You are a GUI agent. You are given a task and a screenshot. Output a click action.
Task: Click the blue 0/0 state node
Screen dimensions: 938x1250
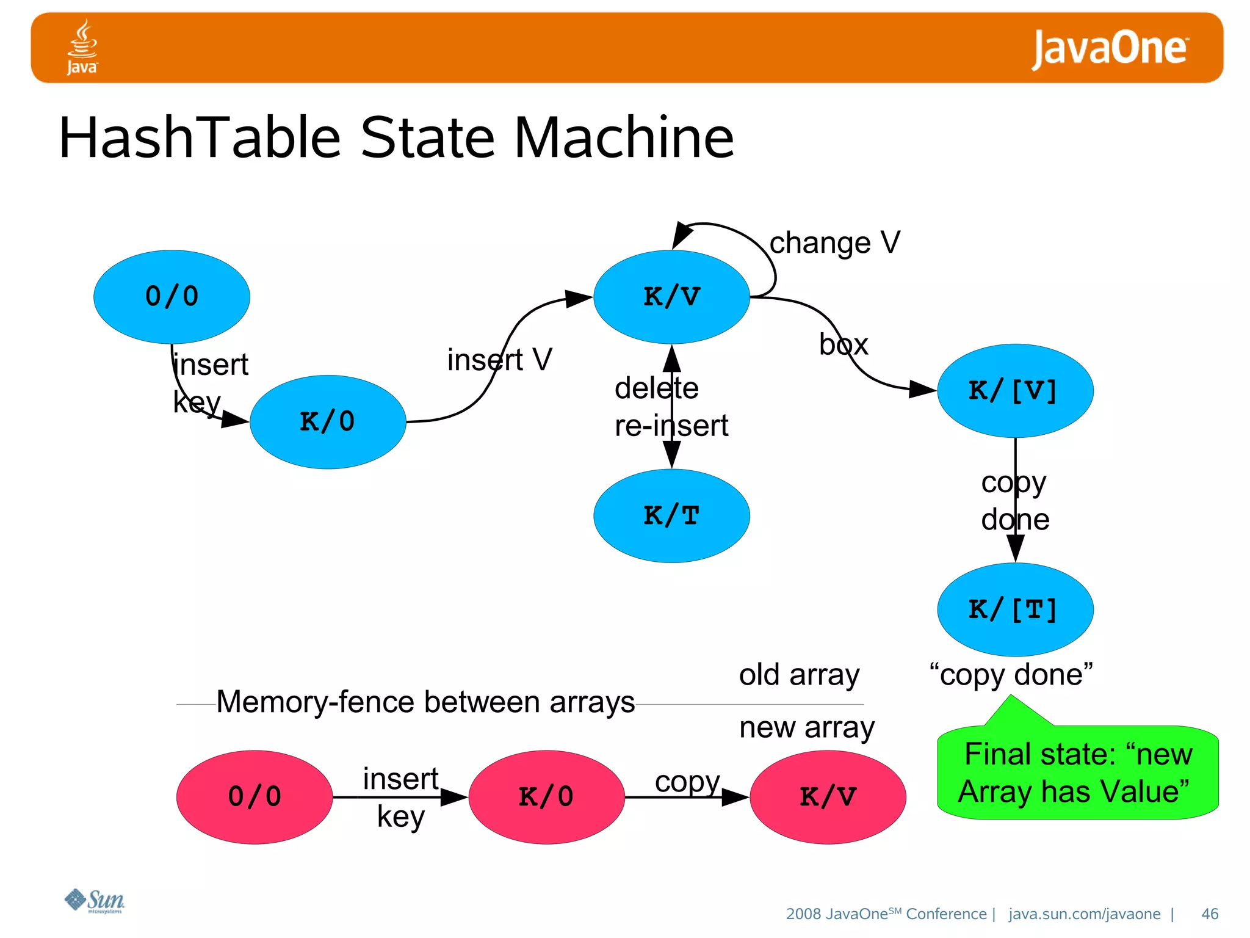click(172, 297)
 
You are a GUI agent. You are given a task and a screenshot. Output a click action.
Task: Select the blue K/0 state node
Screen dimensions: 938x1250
click(328, 422)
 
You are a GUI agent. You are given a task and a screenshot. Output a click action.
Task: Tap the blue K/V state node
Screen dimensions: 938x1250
click(671, 297)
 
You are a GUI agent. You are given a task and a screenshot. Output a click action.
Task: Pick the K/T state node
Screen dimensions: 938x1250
click(671, 516)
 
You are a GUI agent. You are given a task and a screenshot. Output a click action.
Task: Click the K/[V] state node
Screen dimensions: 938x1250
click(1015, 391)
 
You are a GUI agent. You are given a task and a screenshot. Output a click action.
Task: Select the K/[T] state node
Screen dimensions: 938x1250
click(1015, 609)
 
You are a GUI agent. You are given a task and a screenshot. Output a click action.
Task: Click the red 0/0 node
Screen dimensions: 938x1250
click(255, 797)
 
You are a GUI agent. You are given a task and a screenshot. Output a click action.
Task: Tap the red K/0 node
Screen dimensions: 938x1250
click(546, 797)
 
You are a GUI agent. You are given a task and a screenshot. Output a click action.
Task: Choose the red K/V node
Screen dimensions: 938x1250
click(828, 797)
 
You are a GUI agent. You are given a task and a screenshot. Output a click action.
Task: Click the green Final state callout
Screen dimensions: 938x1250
click(1077, 773)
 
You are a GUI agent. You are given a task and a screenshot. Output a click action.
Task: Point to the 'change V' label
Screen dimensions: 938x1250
click(834, 243)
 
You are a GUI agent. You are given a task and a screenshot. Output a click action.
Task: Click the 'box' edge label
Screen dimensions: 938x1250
click(844, 345)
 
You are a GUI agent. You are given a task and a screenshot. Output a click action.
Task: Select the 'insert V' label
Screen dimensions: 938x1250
click(499, 360)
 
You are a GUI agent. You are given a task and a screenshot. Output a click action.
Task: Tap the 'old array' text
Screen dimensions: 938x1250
click(799, 675)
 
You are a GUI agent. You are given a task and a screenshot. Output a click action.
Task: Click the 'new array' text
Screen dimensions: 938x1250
click(806, 728)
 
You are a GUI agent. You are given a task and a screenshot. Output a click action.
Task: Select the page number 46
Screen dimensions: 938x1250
click(1209, 914)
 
